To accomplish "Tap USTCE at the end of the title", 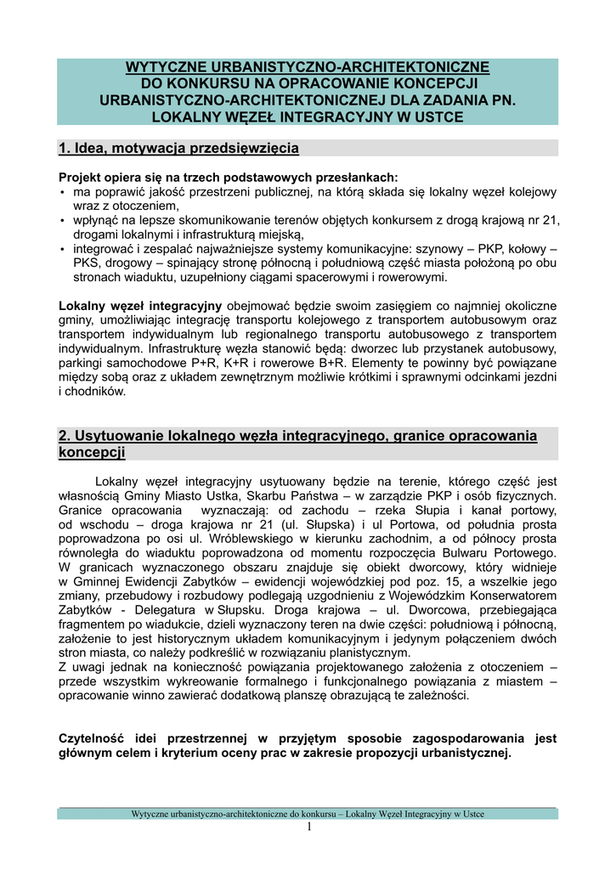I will tap(437, 117).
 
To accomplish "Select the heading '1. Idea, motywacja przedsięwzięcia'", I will tap(178, 149).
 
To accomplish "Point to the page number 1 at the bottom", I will tap(309, 827).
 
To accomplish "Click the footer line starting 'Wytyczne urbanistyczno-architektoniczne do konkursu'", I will tap(308, 814).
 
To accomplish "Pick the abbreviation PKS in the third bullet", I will tap(87, 263).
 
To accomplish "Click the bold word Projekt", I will tap(82, 178).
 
